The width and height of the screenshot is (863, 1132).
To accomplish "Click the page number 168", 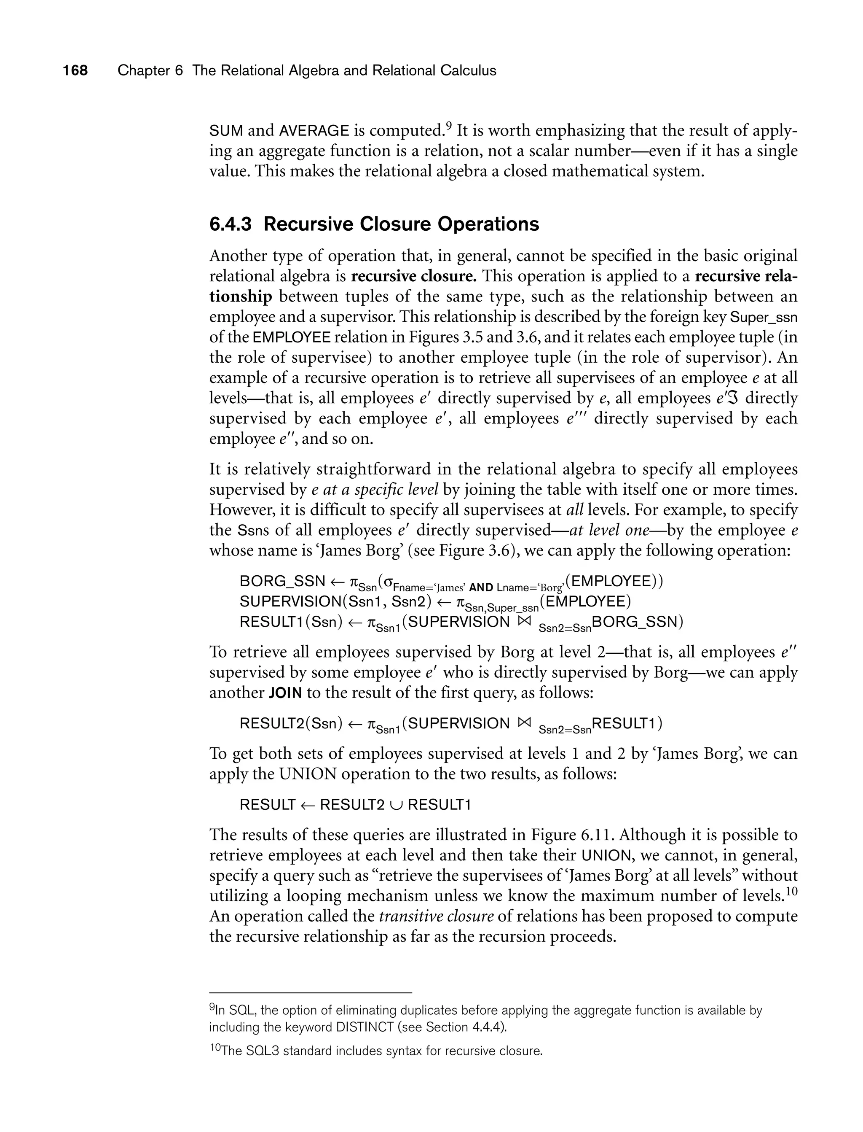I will [75, 70].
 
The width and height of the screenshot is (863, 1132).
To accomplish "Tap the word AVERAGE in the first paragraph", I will [314, 131].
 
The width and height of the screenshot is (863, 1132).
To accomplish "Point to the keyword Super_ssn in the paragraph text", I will [764, 317].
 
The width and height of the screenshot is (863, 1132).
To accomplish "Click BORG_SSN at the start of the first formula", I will [282, 582].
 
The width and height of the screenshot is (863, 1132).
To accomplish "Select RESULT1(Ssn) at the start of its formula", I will [291, 622].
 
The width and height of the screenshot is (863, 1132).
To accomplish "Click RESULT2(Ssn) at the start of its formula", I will [291, 723].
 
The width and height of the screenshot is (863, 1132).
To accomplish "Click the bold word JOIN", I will [285, 693].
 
